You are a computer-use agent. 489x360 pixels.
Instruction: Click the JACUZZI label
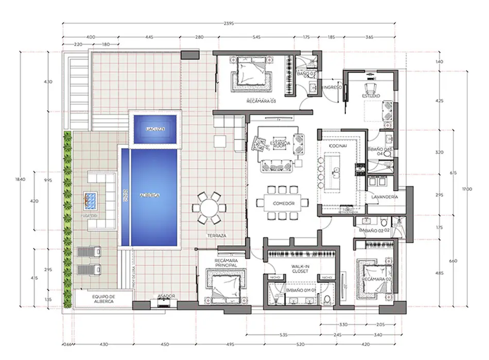coord(155,129)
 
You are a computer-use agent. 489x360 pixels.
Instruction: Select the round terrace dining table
coord(209,208)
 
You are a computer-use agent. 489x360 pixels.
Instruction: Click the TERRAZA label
coord(217,235)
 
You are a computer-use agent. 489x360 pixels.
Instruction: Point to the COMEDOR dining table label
coord(283,204)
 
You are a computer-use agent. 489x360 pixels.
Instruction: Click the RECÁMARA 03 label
coord(261,101)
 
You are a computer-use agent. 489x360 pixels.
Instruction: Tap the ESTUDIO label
coord(371,96)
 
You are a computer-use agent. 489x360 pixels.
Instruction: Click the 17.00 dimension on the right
coord(467,189)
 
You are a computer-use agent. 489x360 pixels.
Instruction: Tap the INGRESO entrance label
coord(333,88)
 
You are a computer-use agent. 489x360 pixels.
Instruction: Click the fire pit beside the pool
coord(92,199)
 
